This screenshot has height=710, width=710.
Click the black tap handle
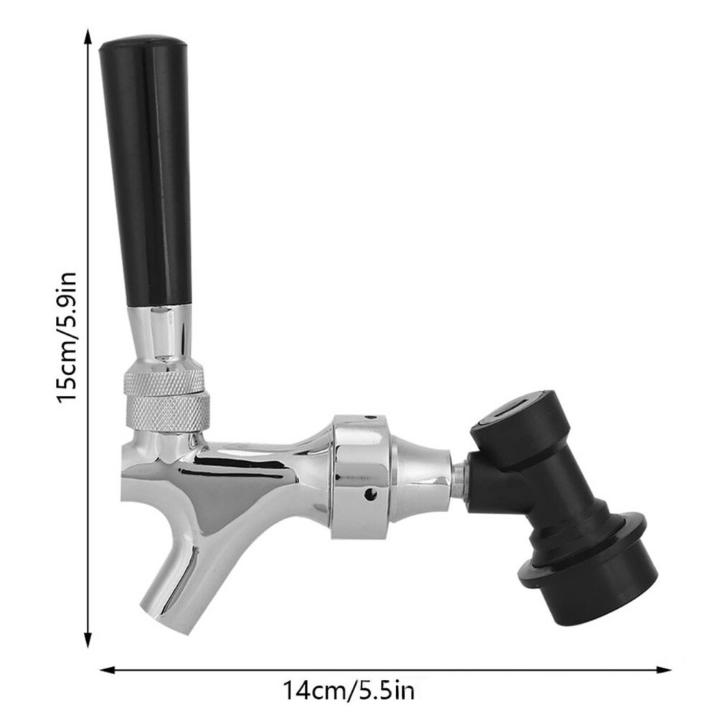coord(146,172)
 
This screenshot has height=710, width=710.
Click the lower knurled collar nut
coord(168,413)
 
